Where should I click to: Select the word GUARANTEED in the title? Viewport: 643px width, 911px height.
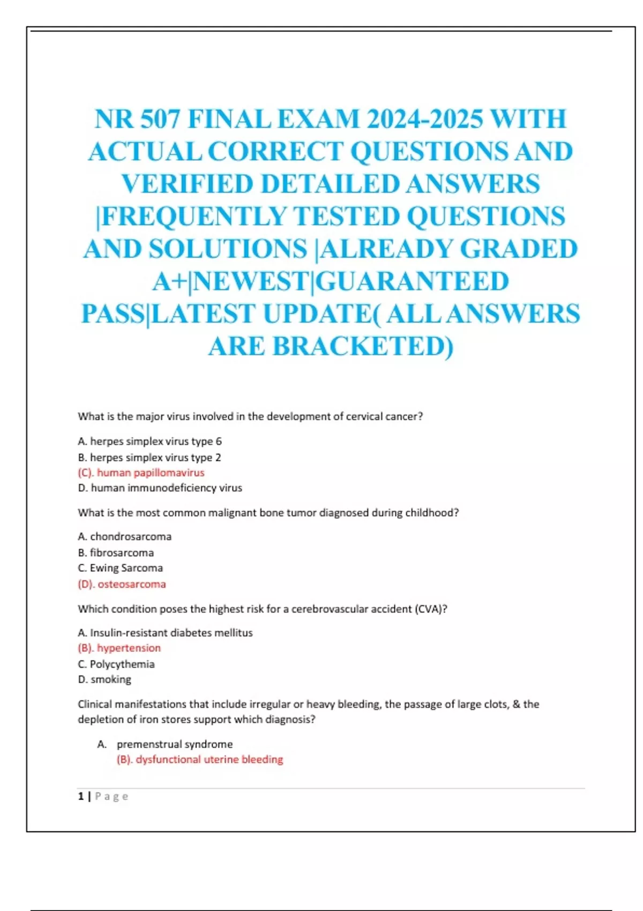point(413,281)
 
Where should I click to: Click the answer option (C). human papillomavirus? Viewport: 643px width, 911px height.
point(141,473)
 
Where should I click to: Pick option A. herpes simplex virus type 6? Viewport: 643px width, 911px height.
point(149,442)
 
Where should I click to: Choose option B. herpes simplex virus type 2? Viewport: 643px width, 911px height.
point(149,458)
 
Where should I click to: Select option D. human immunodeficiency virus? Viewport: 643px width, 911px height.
point(160,488)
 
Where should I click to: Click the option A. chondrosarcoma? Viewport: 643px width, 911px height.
point(124,536)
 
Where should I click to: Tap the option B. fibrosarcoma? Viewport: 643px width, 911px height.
point(115,552)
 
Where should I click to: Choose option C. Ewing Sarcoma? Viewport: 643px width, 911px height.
point(120,568)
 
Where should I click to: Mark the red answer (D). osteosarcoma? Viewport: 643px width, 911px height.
point(122,584)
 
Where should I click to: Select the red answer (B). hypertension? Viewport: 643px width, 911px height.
point(119,648)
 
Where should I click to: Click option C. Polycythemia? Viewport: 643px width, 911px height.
point(116,664)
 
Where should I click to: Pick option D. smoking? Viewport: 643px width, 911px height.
point(104,679)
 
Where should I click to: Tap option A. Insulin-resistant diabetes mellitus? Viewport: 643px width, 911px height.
point(165,633)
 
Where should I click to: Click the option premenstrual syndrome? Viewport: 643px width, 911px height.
point(175,744)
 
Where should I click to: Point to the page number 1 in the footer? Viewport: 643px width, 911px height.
point(81,796)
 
